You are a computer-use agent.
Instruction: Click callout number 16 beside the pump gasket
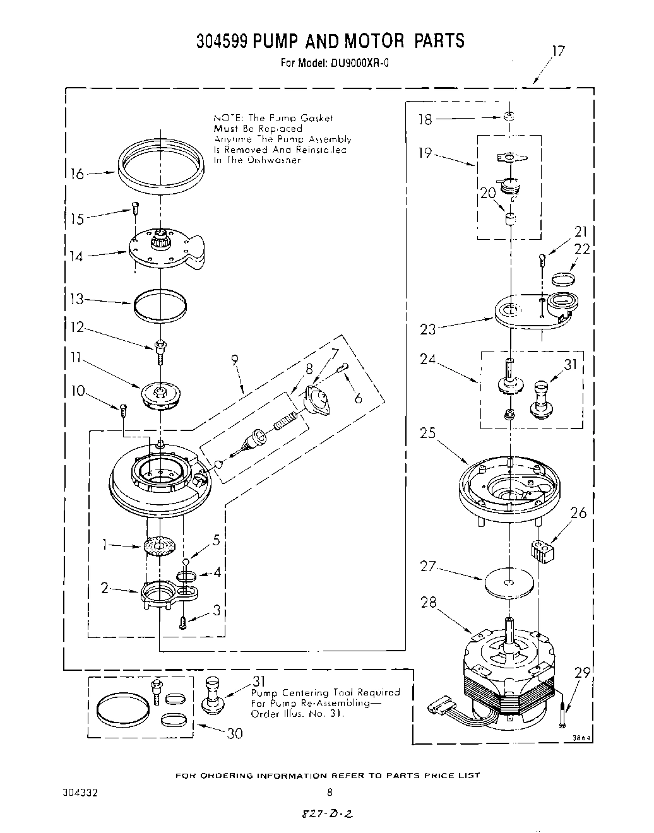coord(76,174)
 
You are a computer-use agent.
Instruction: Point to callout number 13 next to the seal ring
coord(76,299)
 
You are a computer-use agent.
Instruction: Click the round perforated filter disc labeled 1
coord(160,545)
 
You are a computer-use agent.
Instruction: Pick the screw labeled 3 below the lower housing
coord(183,622)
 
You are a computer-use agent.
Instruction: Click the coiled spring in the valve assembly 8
coord(285,420)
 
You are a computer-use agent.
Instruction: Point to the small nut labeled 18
coord(509,116)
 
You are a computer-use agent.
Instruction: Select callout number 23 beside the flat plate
coord(429,329)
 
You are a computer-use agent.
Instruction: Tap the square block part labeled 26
coord(542,550)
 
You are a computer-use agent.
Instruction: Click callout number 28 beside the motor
coord(429,603)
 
